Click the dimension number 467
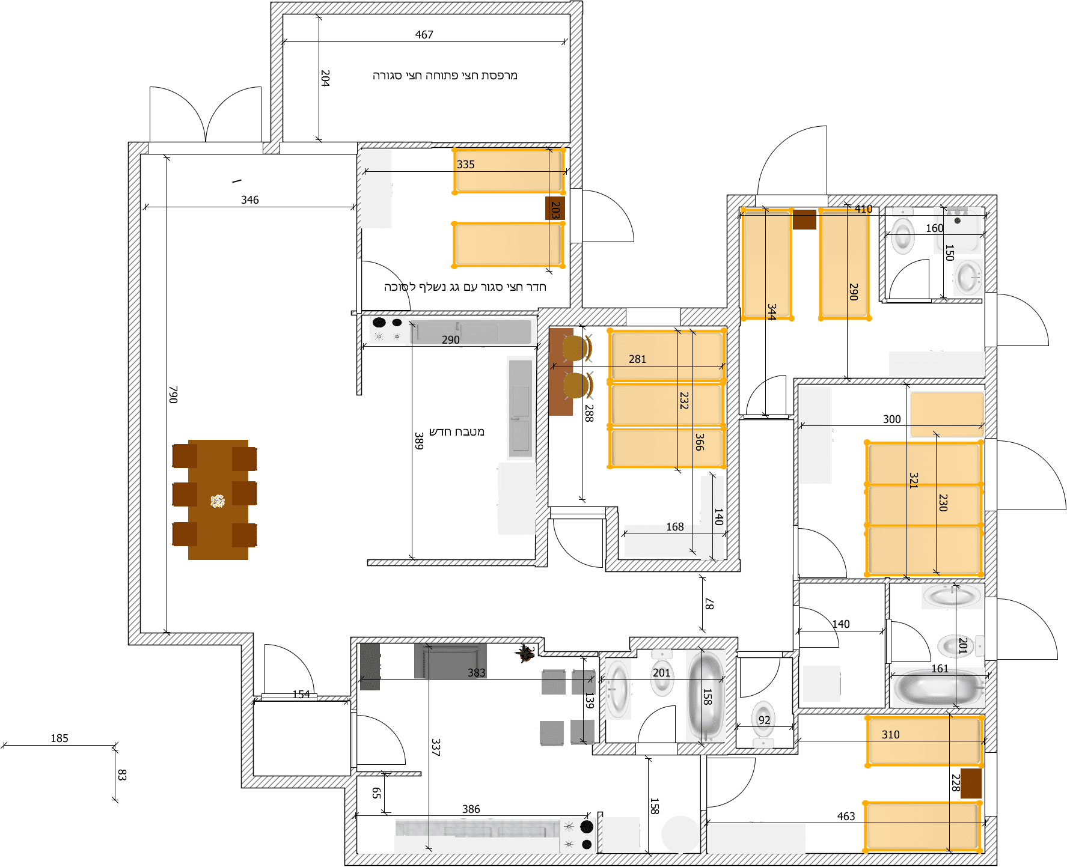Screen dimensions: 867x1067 pyautogui.click(x=424, y=35)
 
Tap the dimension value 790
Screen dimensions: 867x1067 pyautogui.click(x=173, y=395)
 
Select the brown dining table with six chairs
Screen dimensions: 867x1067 pyautogui.click(x=217, y=500)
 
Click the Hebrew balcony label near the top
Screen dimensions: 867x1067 pyautogui.click(x=444, y=76)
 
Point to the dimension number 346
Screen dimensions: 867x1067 pyautogui.click(x=249, y=200)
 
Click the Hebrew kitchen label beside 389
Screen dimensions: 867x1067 pyautogui.click(x=456, y=432)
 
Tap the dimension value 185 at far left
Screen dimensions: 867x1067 pyautogui.click(x=59, y=738)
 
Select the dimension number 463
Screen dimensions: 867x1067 pyautogui.click(x=846, y=817)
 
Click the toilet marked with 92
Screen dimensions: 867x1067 pyautogui.click(x=763, y=719)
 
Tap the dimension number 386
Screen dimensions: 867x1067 pyautogui.click(x=471, y=809)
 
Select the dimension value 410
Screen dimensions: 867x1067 pyautogui.click(x=863, y=209)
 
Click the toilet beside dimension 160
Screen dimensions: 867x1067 pyautogui.click(x=902, y=235)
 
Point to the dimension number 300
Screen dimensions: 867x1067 pyautogui.click(x=891, y=419)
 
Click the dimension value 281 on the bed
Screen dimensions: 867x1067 pyautogui.click(x=637, y=359)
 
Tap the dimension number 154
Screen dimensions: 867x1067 pyautogui.click(x=301, y=695)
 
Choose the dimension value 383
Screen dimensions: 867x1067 pyautogui.click(x=476, y=673)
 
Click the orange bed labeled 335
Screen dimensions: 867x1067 pyautogui.click(x=509, y=171)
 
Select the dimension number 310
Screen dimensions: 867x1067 pyautogui.click(x=890, y=735)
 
